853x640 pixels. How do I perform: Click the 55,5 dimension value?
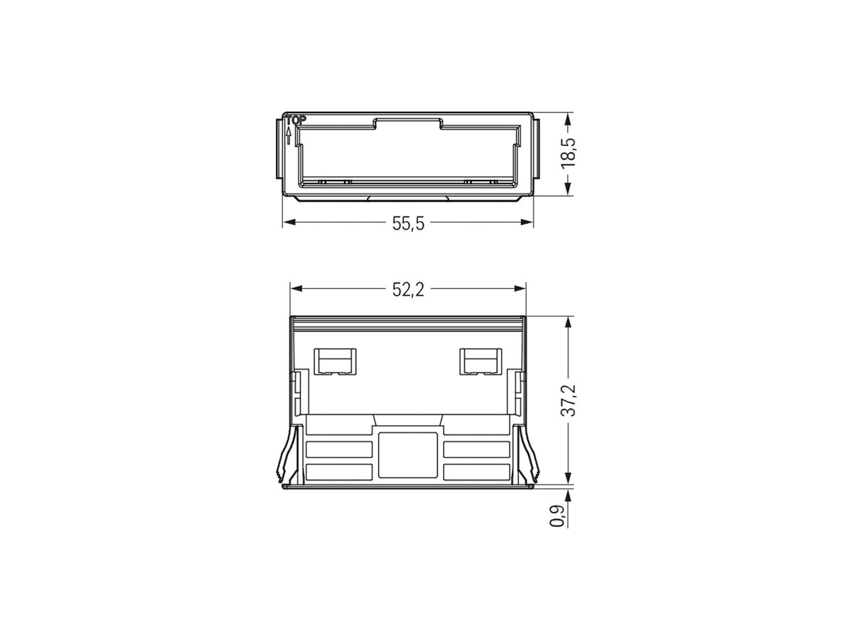pos(408,223)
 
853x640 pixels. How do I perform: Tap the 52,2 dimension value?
pos(408,289)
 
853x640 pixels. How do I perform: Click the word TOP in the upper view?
pos(295,120)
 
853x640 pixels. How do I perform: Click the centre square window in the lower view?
pos(407,452)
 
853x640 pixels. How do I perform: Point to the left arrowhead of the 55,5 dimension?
pos(288,223)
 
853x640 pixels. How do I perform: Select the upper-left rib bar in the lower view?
pos(339,449)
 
